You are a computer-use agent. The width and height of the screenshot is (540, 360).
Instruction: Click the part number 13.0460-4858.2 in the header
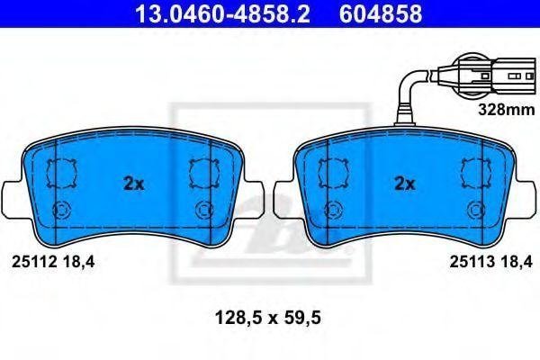pyautogui.click(x=223, y=14)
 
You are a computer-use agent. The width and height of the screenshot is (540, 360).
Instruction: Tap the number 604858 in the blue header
pyautogui.click(x=381, y=14)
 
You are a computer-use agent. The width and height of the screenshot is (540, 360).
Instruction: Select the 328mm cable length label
pyautogui.click(x=507, y=110)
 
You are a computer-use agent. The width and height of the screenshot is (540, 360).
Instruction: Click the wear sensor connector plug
pyautogui.click(x=487, y=75)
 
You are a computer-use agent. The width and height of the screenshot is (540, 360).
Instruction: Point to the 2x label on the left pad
pyautogui.click(x=134, y=184)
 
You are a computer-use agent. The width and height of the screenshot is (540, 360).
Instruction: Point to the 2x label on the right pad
pyautogui.click(x=405, y=184)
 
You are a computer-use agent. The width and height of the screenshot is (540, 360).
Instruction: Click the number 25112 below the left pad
pyautogui.click(x=34, y=263)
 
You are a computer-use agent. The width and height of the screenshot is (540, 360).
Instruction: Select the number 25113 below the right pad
pyautogui.click(x=472, y=262)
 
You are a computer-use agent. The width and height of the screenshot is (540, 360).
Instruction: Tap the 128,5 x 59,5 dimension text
pyautogui.click(x=268, y=318)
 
